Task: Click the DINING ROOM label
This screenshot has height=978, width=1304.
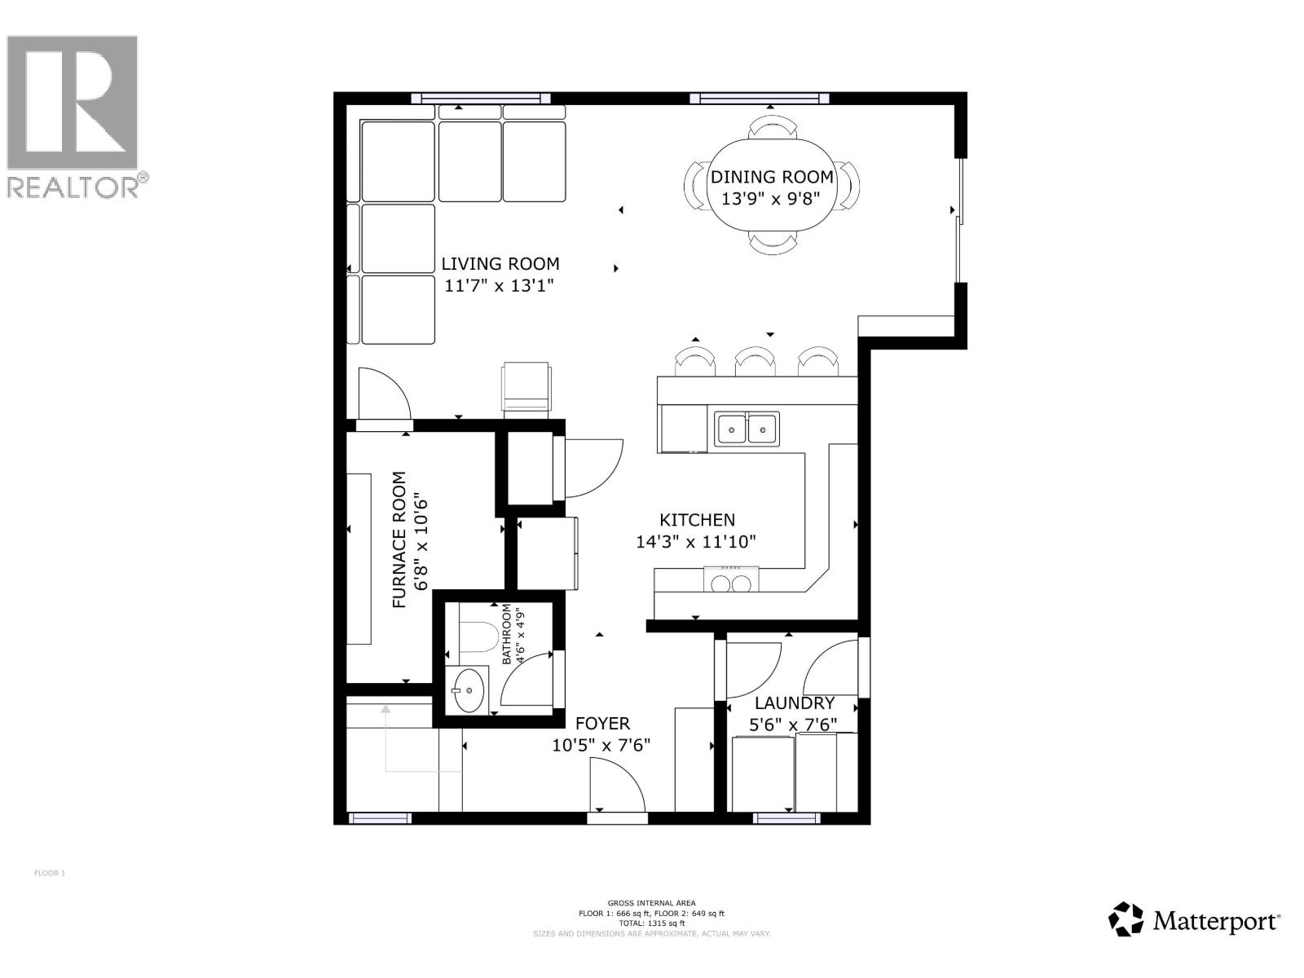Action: (x=772, y=177)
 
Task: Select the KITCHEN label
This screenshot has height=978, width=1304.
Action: (x=697, y=520)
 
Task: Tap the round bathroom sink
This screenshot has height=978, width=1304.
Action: (x=469, y=689)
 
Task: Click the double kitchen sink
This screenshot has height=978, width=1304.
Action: (x=747, y=428)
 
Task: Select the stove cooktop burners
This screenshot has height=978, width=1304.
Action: (x=730, y=583)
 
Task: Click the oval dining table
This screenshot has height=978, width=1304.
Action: (x=772, y=187)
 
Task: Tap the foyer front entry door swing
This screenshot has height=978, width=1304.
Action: (x=617, y=786)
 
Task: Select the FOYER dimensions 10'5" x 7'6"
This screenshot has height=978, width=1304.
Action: (x=601, y=745)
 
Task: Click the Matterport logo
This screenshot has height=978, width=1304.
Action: (x=1193, y=920)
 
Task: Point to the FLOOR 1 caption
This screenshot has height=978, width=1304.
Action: (x=49, y=874)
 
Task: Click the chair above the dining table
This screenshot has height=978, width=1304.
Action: (x=772, y=127)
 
